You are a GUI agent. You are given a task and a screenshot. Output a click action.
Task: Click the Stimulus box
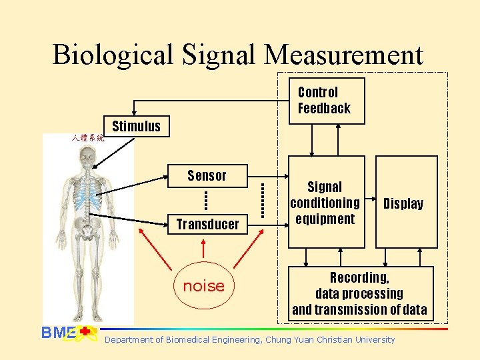pos(136,126)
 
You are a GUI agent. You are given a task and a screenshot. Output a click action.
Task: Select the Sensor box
pos(207,175)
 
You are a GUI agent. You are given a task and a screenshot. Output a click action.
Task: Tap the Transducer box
pos(207,224)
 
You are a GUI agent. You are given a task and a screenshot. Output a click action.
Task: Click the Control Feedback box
pos(327,101)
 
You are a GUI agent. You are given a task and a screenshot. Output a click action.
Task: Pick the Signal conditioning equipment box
pos(325,203)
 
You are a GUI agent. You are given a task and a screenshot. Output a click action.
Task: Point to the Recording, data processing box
pos(359,293)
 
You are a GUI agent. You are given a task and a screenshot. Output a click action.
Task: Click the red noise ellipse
pos(203,286)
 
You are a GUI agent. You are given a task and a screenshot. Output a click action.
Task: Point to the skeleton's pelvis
pos(87,230)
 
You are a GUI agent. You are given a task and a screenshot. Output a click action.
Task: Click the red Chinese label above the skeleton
pos(88,138)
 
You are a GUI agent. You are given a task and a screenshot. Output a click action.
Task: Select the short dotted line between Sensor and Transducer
pos(206,199)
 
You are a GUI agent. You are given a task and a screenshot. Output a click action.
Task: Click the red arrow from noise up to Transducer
pos(203,249)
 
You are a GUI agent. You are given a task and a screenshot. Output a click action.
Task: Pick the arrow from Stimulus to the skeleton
pos(116,151)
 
